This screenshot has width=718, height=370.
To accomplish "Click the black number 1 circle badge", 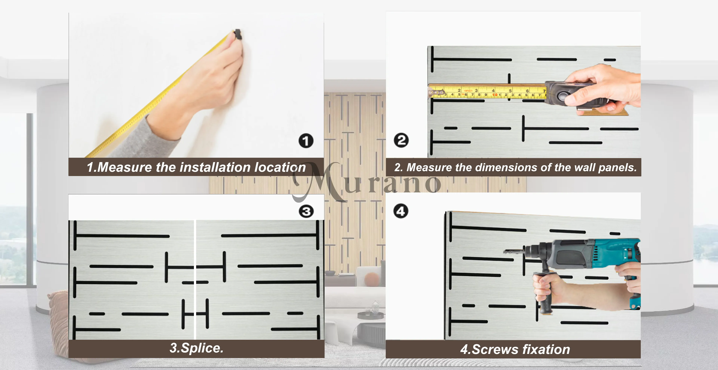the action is tap(306, 141).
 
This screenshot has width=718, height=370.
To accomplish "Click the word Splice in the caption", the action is tap(202, 348).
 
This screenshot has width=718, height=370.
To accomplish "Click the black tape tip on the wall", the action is tap(238, 34).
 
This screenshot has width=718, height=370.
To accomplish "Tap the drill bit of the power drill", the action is tap(513, 252).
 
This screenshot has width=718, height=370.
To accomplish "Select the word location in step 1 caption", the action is tap(280, 167).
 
